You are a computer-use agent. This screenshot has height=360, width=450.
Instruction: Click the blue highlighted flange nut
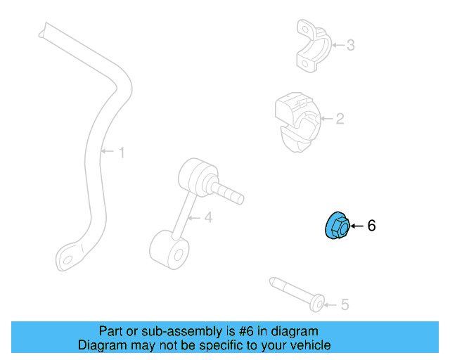(x=336, y=226)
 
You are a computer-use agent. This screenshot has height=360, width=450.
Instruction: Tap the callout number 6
(x=372, y=226)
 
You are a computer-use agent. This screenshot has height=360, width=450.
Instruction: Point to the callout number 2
(x=340, y=119)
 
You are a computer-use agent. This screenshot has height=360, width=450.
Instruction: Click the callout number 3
(x=350, y=46)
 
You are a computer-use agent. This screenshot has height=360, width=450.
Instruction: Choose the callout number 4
(x=208, y=218)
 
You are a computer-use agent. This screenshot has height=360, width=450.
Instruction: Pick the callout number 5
(x=345, y=304)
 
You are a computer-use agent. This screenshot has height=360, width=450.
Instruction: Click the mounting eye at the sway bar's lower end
(x=69, y=258)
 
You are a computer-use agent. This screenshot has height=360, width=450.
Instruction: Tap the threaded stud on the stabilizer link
(x=229, y=192)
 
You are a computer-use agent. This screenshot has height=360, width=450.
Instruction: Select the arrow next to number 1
(x=107, y=151)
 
